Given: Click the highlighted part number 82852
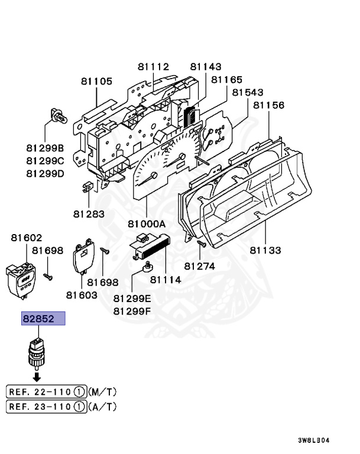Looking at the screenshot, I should pyautogui.click(x=39, y=319).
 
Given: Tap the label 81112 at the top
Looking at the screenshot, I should pyautogui.click(x=154, y=67).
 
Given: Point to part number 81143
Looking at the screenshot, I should pyautogui.click(x=206, y=67).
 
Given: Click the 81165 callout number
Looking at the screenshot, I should pyautogui.click(x=226, y=79).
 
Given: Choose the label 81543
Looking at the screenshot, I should pyautogui.click(x=248, y=93).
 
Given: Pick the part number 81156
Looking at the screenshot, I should pyautogui.click(x=269, y=105).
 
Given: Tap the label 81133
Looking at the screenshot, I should pyautogui.click(x=265, y=250).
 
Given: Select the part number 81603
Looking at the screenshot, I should pyautogui.click(x=82, y=294).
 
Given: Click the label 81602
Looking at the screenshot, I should pyautogui.click(x=27, y=238).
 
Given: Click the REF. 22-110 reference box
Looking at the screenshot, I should pyautogui.click(x=46, y=391).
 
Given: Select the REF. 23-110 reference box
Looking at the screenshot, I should pyautogui.click(x=46, y=406).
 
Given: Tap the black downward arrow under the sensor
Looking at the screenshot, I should pyautogui.click(x=37, y=376).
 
